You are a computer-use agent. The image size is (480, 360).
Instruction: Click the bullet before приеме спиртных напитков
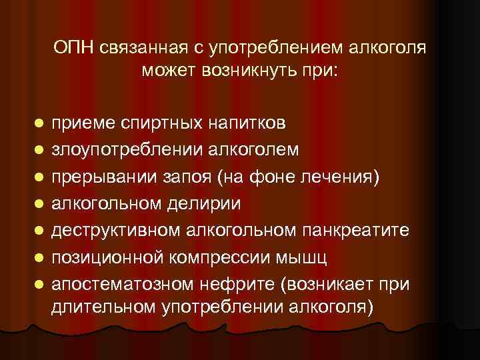coord(39,125)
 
